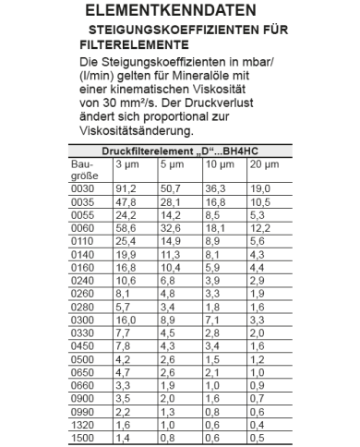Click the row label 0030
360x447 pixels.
(x=83, y=188)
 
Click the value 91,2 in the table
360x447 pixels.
(x=125, y=188)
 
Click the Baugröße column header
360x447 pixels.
(x=84, y=169)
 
